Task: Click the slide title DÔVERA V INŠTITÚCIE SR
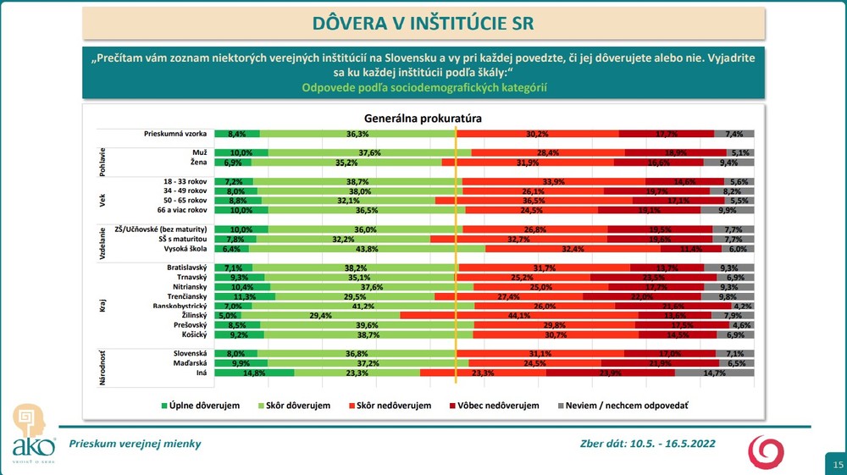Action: tap(423, 22)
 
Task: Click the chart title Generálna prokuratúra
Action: tap(423, 119)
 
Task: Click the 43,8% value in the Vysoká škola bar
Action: tap(367, 249)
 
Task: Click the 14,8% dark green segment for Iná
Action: tap(254, 373)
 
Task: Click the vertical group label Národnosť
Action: tap(102, 362)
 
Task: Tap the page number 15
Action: tap(837, 465)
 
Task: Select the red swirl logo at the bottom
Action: tap(766, 450)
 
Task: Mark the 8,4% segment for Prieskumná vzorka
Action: tap(237, 134)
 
